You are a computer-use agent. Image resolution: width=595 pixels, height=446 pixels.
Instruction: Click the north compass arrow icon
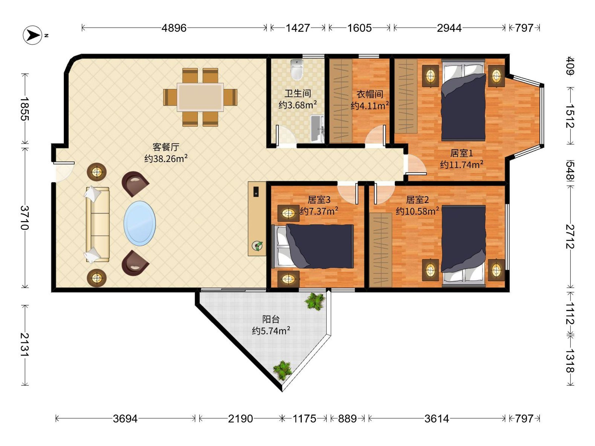pos(32,35)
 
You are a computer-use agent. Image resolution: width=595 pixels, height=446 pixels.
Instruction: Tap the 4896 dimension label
pos(174,28)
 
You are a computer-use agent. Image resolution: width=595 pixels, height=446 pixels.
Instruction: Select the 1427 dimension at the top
pos(298,28)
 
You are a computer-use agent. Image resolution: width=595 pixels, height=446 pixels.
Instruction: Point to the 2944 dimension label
pos(449,28)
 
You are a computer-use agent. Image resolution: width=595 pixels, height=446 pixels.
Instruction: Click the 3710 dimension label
pos(25,218)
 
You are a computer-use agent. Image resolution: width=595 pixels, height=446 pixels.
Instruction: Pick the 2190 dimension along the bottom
pos(240,418)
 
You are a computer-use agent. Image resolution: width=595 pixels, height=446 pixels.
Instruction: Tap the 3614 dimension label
pos(437,418)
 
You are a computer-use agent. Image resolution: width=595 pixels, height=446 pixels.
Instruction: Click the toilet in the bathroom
pos(297,69)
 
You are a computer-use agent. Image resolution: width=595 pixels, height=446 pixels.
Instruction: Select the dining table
pos(200,97)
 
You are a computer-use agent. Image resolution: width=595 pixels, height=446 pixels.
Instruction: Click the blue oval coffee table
pos(140,223)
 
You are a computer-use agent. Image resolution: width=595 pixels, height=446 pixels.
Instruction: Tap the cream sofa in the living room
pos(97,224)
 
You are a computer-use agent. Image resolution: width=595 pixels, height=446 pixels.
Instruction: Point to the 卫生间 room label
pos(298,94)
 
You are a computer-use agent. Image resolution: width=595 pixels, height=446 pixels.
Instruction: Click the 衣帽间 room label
pos(370,94)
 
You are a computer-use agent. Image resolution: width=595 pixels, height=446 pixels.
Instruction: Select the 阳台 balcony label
pos(271,319)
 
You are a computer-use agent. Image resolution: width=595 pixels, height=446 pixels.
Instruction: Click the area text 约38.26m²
pos(166,159)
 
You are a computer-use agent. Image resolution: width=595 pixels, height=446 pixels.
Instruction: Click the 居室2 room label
pos(417,200)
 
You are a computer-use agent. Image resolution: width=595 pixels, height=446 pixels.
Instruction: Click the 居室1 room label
pos(462,153)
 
